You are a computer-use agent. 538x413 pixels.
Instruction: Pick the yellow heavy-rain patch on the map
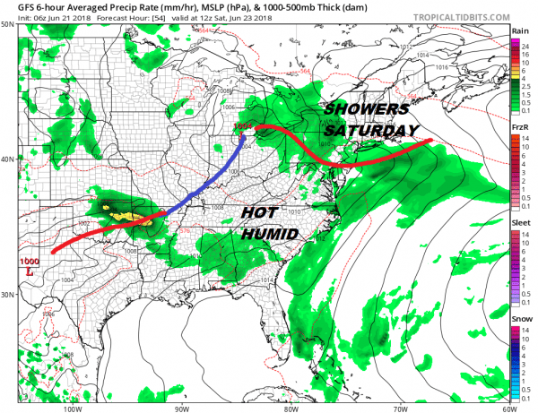[126, 215]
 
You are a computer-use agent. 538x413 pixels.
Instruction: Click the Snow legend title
[519, 320]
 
